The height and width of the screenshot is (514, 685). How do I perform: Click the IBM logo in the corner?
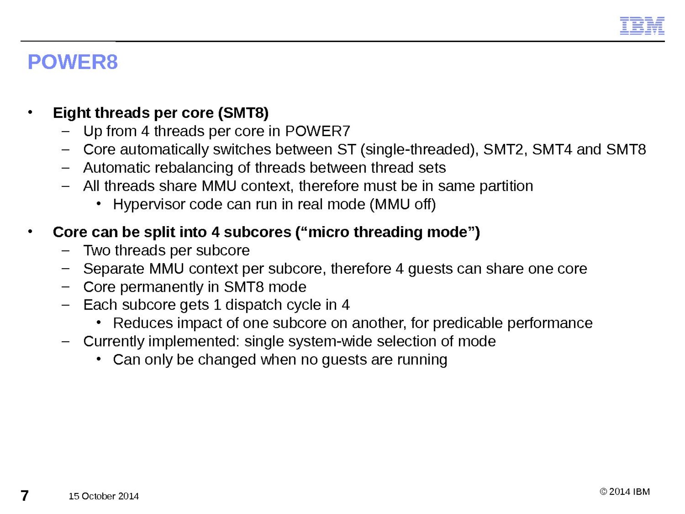point(642,26)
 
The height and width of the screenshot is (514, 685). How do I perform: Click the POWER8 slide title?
point(72,62)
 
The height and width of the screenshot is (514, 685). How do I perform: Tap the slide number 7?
point(24,495)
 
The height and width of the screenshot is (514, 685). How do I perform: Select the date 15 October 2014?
point(104,496)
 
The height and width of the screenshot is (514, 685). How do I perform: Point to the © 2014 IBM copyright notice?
point(625,492)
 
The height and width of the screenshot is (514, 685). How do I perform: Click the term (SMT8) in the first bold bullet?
point(243,113)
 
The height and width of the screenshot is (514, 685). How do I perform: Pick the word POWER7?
point(317,131)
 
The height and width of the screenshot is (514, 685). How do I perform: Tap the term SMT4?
point(552,149)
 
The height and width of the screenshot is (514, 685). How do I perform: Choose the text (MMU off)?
point(402,205)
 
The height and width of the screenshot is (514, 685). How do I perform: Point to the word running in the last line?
point(422,360)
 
